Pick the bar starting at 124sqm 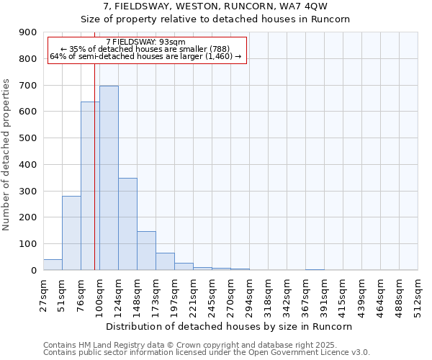[127, 224]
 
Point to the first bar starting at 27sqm [53, 264]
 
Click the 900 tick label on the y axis [28, 32]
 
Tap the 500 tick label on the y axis [28, 138]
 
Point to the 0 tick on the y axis [34, 270]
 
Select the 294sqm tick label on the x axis [249, 294]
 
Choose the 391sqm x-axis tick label [325, 294]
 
